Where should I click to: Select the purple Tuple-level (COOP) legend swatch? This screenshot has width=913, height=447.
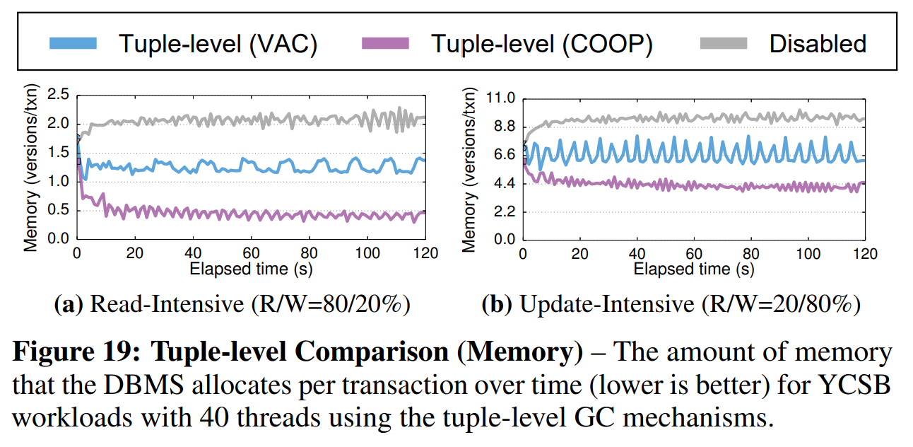(385, 43)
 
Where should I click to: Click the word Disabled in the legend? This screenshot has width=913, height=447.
(818, 43)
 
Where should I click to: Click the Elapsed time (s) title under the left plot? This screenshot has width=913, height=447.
(252, 269)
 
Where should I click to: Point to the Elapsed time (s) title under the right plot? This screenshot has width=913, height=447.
(693, 269)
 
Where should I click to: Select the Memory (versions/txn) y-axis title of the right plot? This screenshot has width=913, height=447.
(469, 170)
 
